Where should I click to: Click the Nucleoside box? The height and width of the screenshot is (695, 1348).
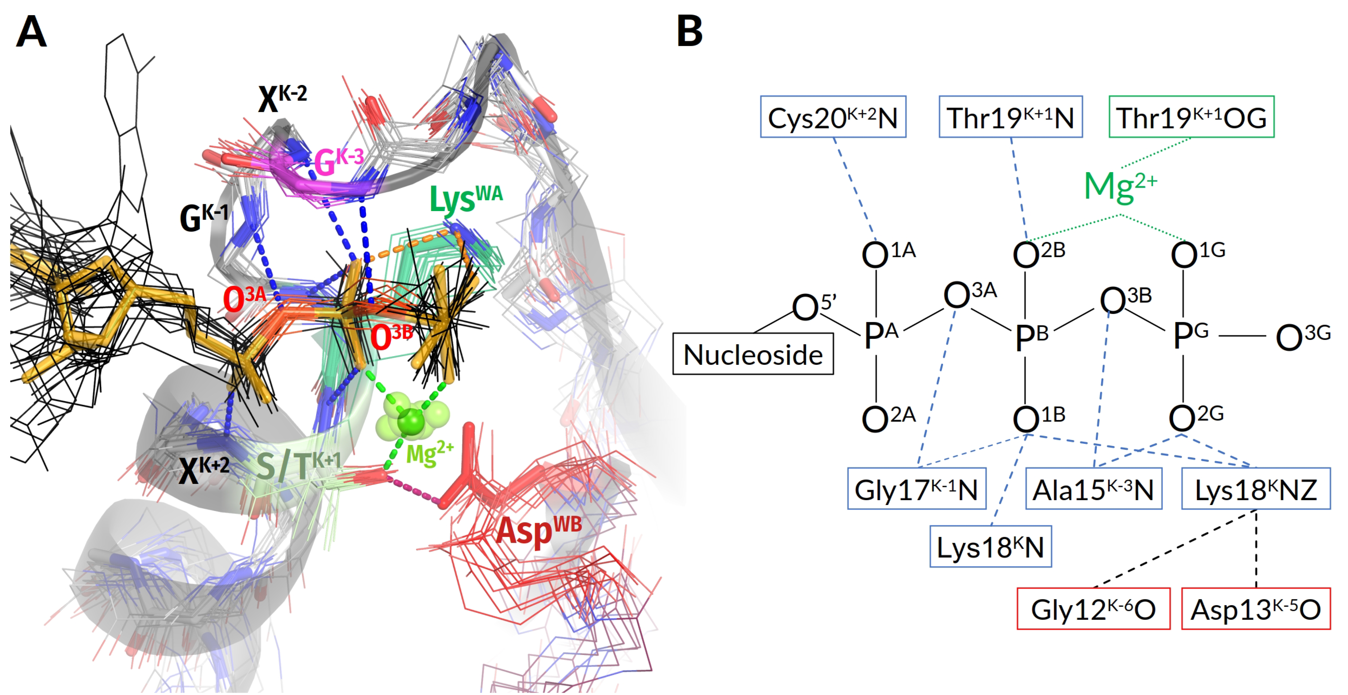pos(753,354)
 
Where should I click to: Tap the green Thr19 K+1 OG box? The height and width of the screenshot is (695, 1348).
pos(1191,117)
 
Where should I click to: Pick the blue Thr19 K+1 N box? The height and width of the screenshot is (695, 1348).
pos(1010,117)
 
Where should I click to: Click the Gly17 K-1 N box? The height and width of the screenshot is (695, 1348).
pos(916,489)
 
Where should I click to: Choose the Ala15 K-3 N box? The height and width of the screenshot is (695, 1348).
pos(1093,489)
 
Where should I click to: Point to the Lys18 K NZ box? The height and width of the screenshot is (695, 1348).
pos(1255,489)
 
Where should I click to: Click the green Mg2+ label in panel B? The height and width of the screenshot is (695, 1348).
pos(1120,185)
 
